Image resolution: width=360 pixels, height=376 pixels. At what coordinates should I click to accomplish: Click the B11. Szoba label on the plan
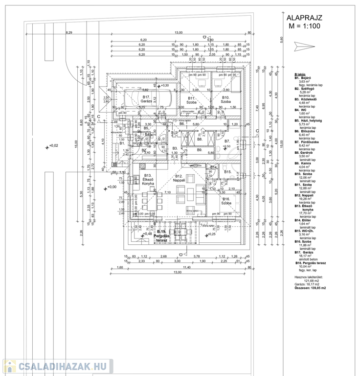[192, 100]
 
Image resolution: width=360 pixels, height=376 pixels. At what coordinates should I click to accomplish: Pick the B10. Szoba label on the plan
[225, 100]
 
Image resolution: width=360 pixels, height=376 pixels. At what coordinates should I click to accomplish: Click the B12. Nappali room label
[179, 178]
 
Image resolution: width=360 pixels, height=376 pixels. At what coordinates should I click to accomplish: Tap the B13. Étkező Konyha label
[149, 180]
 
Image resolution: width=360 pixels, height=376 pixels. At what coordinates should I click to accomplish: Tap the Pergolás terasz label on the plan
[161, 236]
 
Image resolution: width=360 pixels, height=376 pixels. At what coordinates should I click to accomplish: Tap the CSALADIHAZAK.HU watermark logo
[58, 366]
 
